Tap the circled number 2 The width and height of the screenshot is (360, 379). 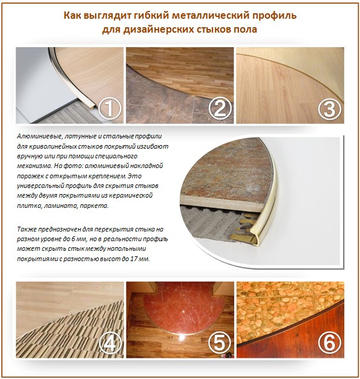(220, 109)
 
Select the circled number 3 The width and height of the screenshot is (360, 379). (329, 109)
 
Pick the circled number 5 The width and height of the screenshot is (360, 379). (220, 343)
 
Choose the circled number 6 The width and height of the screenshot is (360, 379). (329, 343)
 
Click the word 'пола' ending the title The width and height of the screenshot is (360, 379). (245, 28)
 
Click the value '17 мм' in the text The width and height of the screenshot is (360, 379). (139, 258)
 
